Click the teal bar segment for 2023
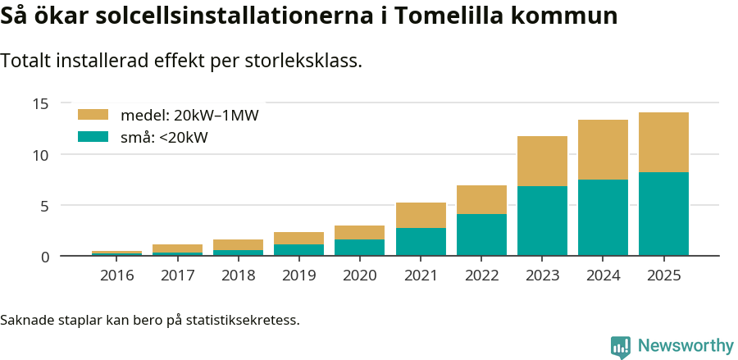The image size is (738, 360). pyautogui.click(x=542, y=221)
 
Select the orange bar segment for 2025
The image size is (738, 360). pyautogui.click(x=663, y=142)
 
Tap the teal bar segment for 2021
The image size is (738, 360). pyautogui.click(x=421, y=242)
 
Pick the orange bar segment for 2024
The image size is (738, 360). pyautogui.click(x=603, y=149)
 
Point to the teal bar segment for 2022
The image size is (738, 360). pyautogui.click(x=481, y=235)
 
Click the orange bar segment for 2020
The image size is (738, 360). pyautogui.click(x=359, y=232)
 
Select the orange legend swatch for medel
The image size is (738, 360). pyautogui.click(x=93, y=115)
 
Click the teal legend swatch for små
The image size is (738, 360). pyautogui.click(x=93, y=137)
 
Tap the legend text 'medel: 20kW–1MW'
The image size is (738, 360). pyautogui.click(x=189, y=116)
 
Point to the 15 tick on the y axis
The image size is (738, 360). pyautogui.click(x=41, y=103)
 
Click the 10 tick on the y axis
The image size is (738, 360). pyautogui.click(x=41, y=154)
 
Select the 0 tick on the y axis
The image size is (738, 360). pyautogui.click(x=45, y=257)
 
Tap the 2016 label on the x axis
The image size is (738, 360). pyautogui.click(x=116, y=276)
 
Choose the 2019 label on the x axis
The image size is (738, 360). pyautogui.click(x=298, y=276)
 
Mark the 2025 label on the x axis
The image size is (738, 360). pyautogui.click(x=663, y=276)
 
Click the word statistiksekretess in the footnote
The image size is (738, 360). pyautogui.click(x=243, y=319)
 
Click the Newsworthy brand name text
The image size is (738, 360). pyautogui.click(x=686, y=346)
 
